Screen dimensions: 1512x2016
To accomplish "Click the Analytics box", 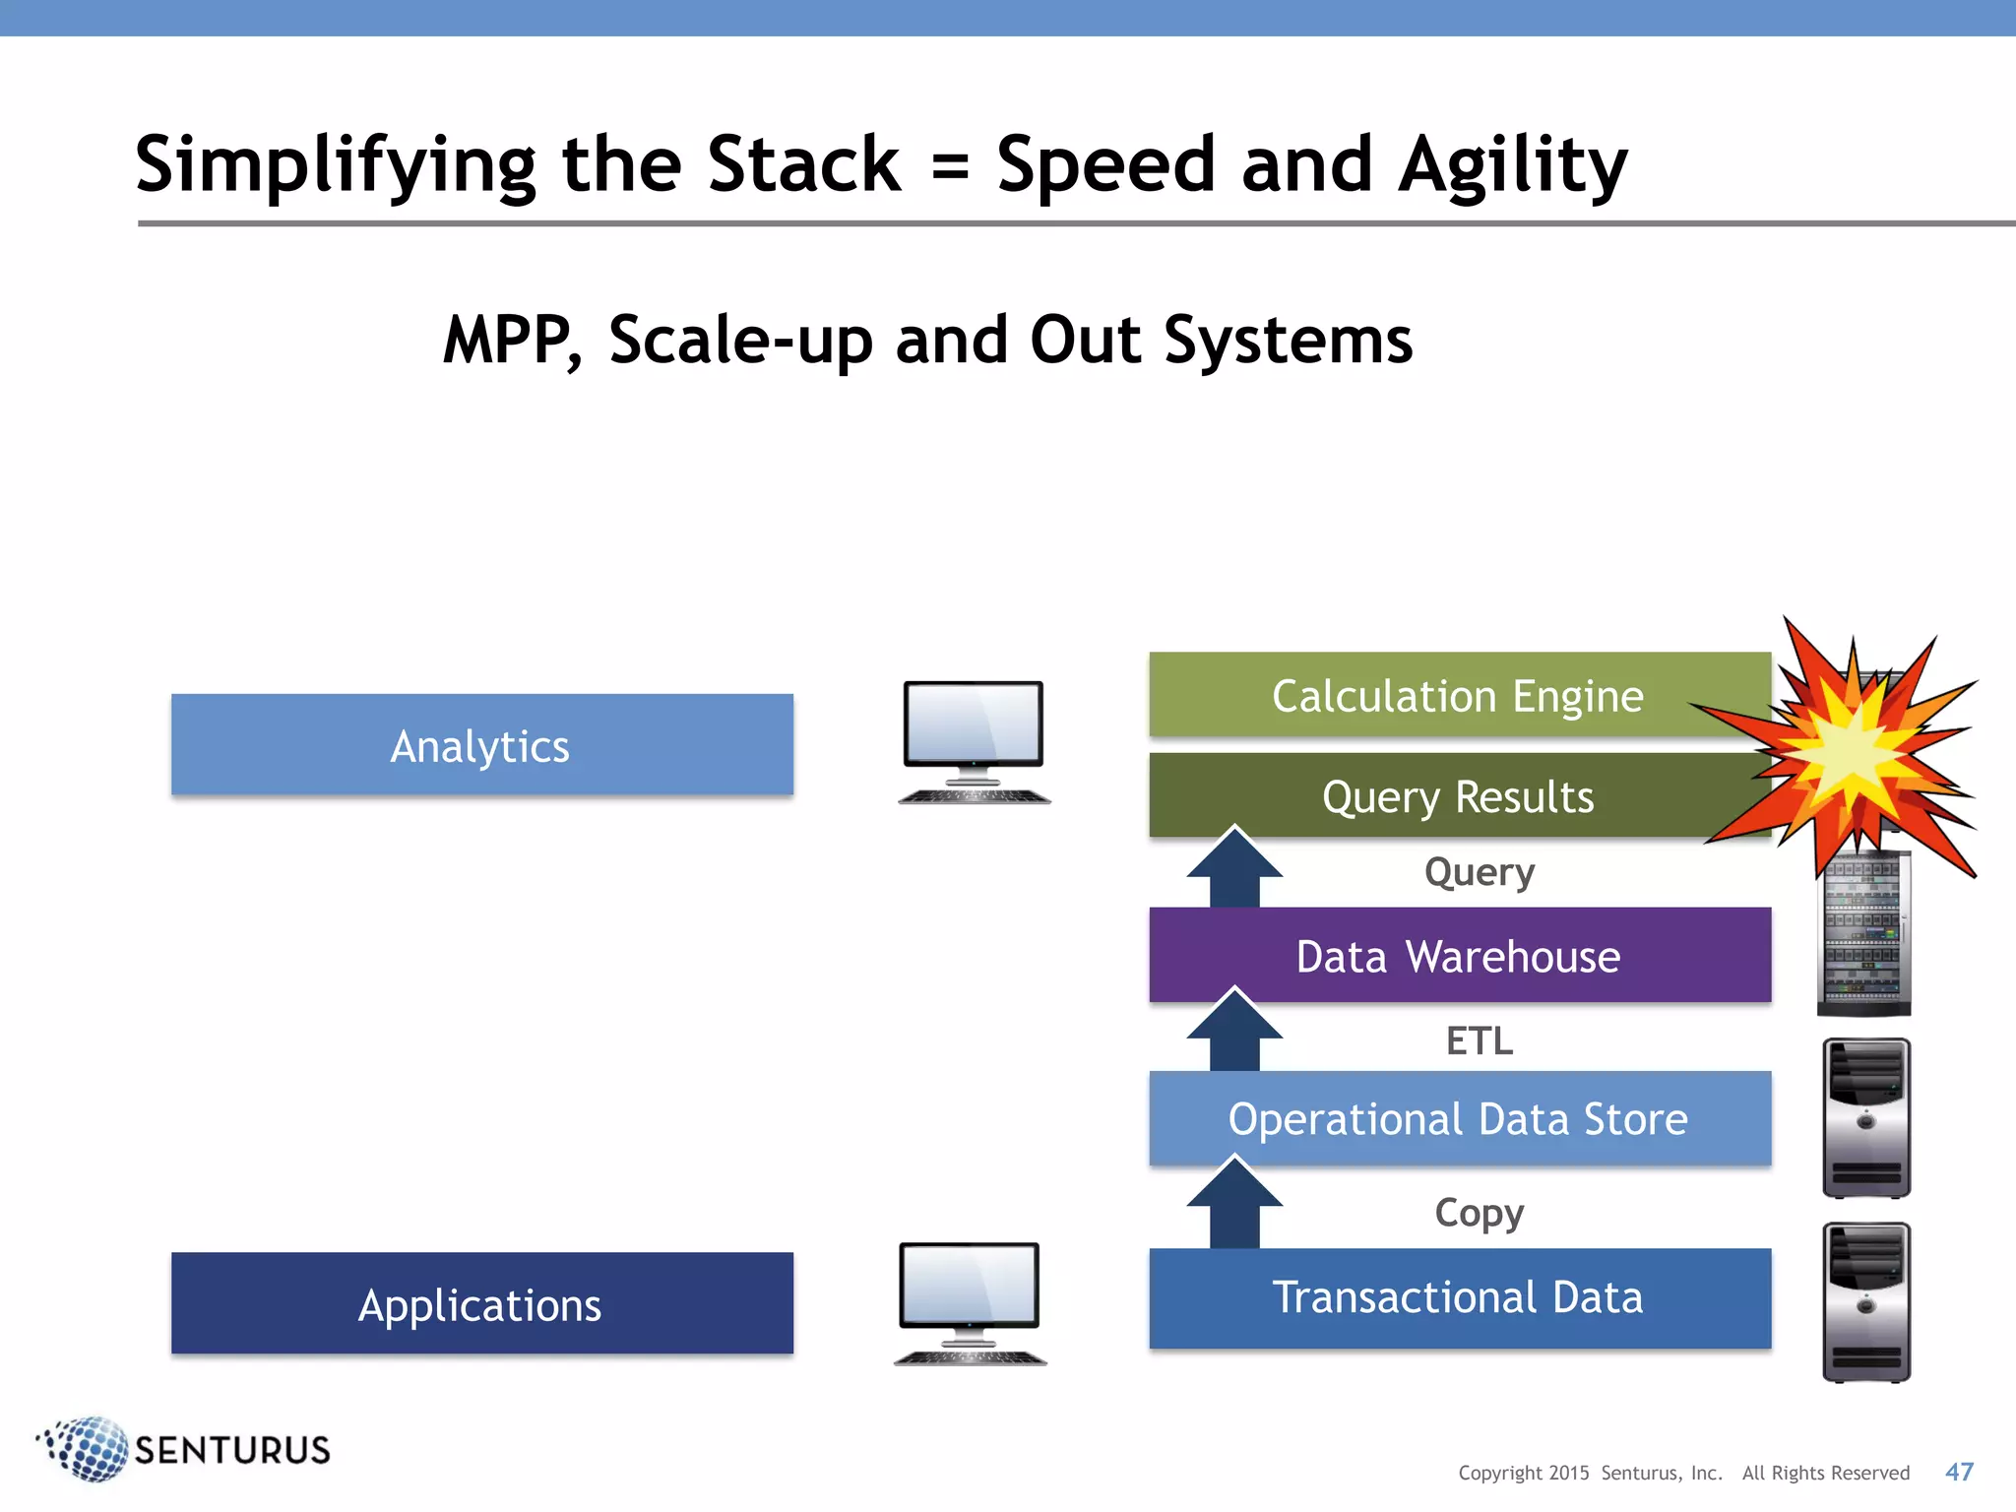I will click(481, 745).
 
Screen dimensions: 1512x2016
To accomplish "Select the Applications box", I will click(481, 1303).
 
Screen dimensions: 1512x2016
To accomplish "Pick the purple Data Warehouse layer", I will click(1458, 956).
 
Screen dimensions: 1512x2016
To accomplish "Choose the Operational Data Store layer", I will click(1458, 1119).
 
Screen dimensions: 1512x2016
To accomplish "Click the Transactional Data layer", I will click(1458, 1297).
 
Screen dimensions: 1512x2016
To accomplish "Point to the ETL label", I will click(1479, 1040).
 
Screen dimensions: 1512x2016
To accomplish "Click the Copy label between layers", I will click(1479, 1212).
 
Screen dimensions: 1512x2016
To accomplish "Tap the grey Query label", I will click(1479, 872).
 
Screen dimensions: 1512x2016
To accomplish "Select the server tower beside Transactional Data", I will click(1865, 1301).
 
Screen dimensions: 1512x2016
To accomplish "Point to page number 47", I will click(1959, 1472).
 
